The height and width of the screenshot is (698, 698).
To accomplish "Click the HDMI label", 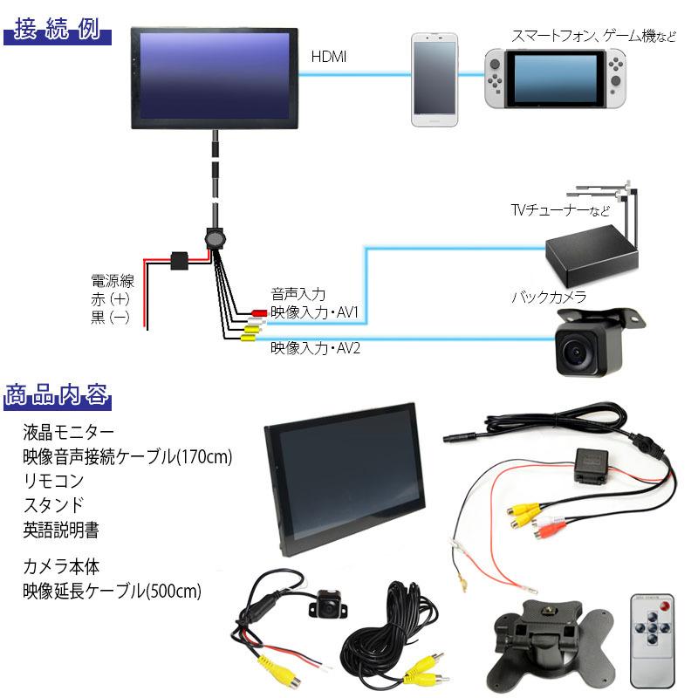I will (329, 57).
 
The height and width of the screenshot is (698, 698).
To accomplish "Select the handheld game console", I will (556, 77).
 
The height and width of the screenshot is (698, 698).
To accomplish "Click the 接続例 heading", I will (58, 33).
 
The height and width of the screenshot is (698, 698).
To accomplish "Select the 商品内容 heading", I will (58, 395).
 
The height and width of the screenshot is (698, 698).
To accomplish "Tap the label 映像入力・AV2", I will (315, 348).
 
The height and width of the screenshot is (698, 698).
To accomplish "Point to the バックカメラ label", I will (549, 298).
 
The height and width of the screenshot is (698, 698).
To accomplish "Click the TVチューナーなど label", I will (558, 210).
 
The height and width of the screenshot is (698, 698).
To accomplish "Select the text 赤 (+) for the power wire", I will (111, 299).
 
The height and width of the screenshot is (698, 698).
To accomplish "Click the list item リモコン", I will (54, 481).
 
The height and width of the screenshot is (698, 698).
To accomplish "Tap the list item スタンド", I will (54, 504).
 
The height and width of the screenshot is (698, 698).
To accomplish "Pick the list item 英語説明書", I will (60, 529).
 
